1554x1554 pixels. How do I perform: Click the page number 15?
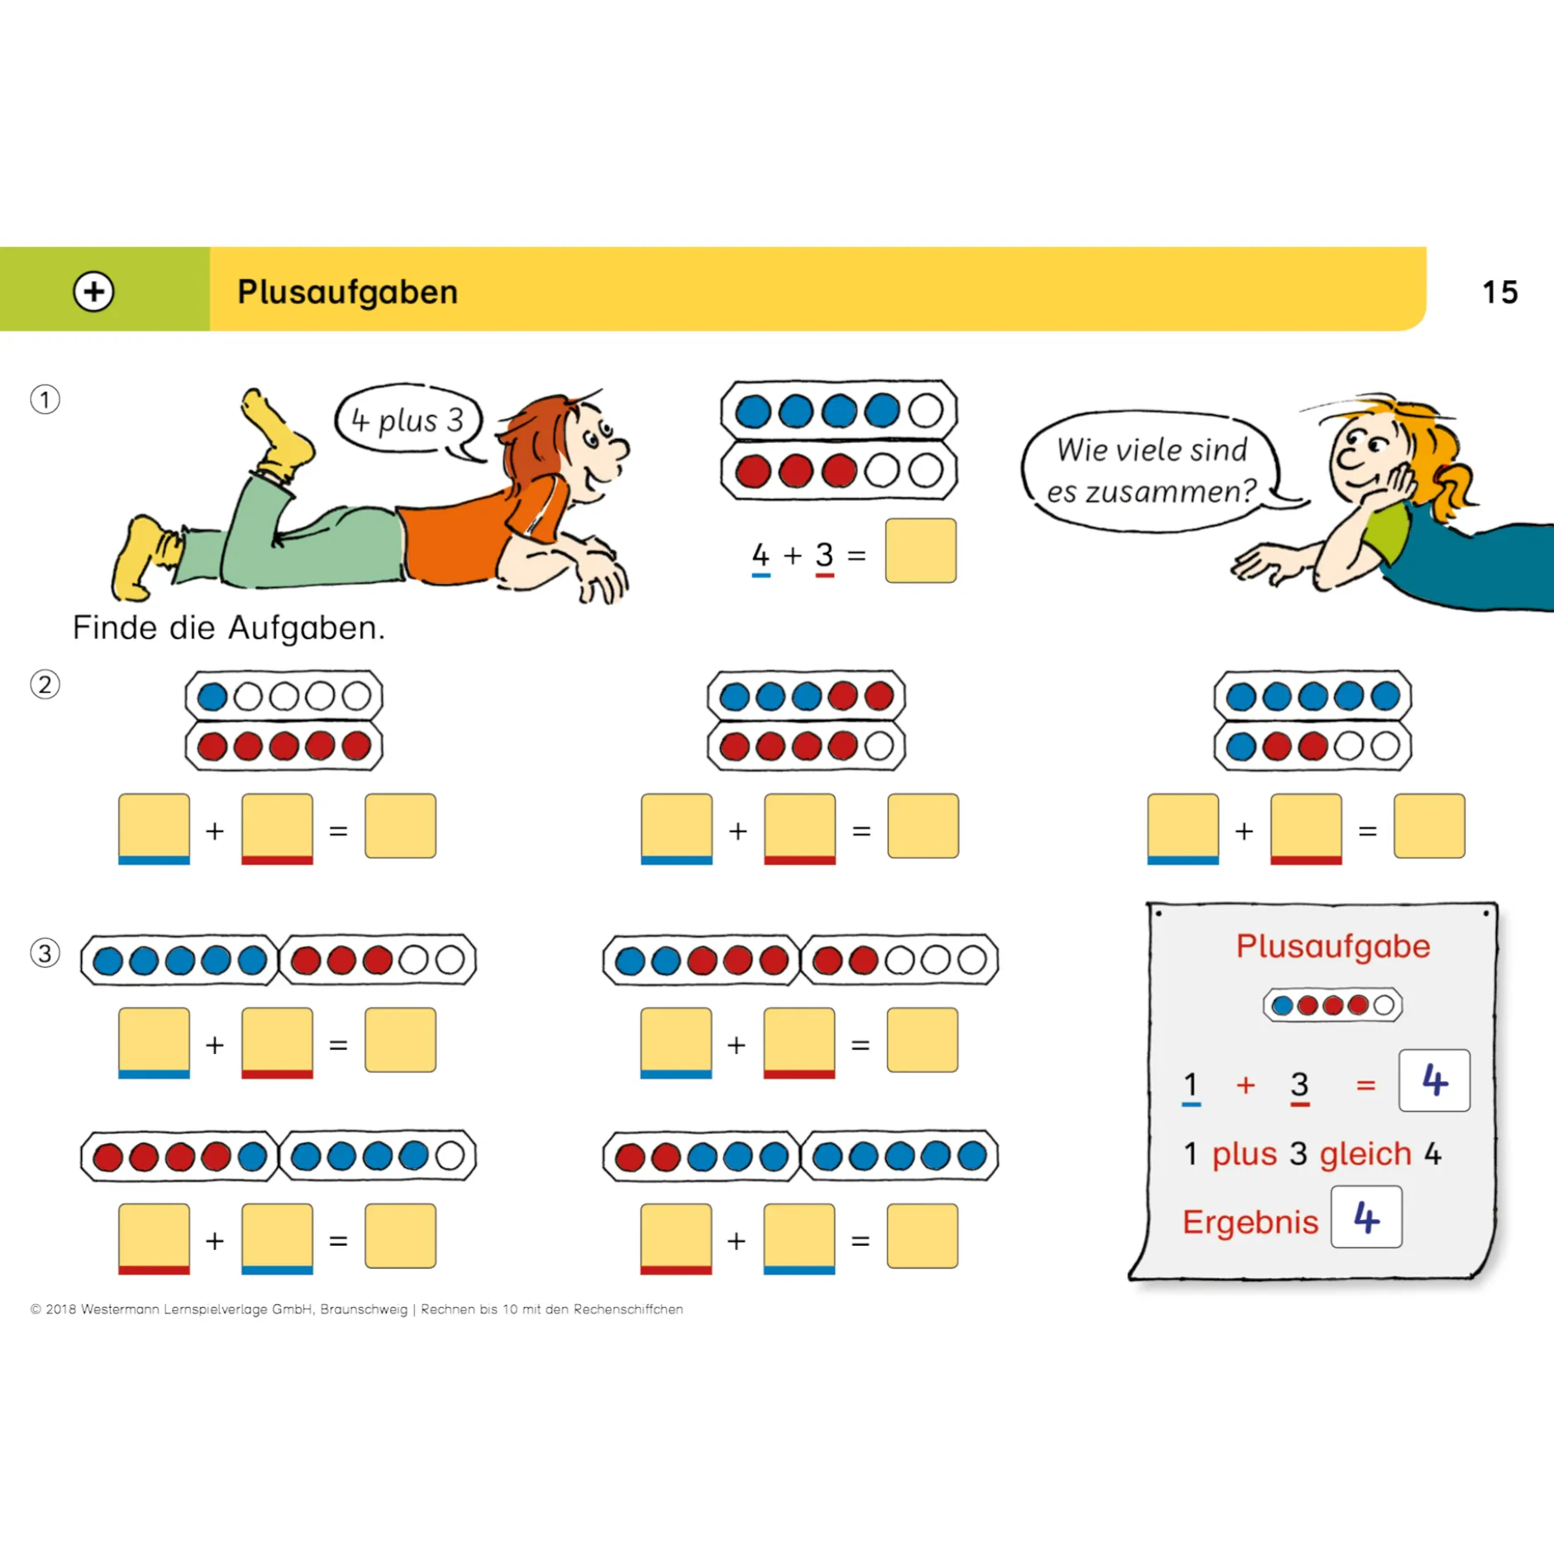pyautogui.click(x=1499, y=292)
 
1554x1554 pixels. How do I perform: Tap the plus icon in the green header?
pyautogui.click(x=93, y=291)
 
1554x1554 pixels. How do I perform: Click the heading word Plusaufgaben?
pyautogui.click(x=347, y=292)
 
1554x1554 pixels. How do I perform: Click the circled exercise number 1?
pyautogui.click(x=45, y=399)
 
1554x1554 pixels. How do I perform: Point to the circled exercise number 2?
pyautogui.click(x=45, y=684)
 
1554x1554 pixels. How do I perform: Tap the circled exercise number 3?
pyautogui.click(x=45, y=952)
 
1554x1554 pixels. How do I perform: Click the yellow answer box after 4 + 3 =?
pyautogui.click(x=920, y=551)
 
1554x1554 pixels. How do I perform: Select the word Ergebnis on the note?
pyautogui.click(x=1249, y=1222)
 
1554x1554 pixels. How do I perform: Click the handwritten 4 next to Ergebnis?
pyautogui.click(x=1366, y=1217)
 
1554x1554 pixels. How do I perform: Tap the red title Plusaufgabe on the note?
pyautogui.click(x=1332, y=946)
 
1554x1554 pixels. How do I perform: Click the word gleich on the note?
pyautogui.click(x=1365, y=1154)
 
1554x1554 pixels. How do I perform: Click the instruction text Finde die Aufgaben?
pyautogui.click(x=229, y=628)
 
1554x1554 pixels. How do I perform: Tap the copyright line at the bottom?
pyautogui.click(x=356, y=1309)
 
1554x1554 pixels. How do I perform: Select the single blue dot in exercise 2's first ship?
pyautogui.click(x=212, y=697)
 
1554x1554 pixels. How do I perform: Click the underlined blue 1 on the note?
pyautogui.click(x=1190, y=1086)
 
